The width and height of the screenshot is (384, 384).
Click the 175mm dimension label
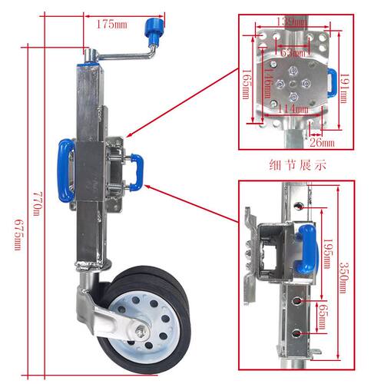click(x=111, y=25)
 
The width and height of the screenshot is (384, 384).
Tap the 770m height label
click(x=37, y=204)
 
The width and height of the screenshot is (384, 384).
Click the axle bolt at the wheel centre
click(x=141, y=333)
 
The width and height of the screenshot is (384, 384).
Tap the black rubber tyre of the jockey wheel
click(x=146, y=317)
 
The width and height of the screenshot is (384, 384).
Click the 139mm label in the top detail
click(x=293, y=22)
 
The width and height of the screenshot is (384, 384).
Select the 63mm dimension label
click(x=293, y=53)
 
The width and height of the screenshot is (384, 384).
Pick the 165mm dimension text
click(x=246, y=84)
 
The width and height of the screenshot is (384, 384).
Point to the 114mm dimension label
click(x=293, y=110)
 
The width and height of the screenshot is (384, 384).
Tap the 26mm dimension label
click(x=322, y=143)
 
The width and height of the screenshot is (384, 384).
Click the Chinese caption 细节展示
click(x=297, y=165)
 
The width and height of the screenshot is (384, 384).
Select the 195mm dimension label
click(x=328, y=254)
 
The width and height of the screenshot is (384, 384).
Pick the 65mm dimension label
click(x=322, y=317)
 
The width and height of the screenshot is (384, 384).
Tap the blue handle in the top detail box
click(x=333, y=83)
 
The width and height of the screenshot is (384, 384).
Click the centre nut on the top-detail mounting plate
click(x=292, y=84)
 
